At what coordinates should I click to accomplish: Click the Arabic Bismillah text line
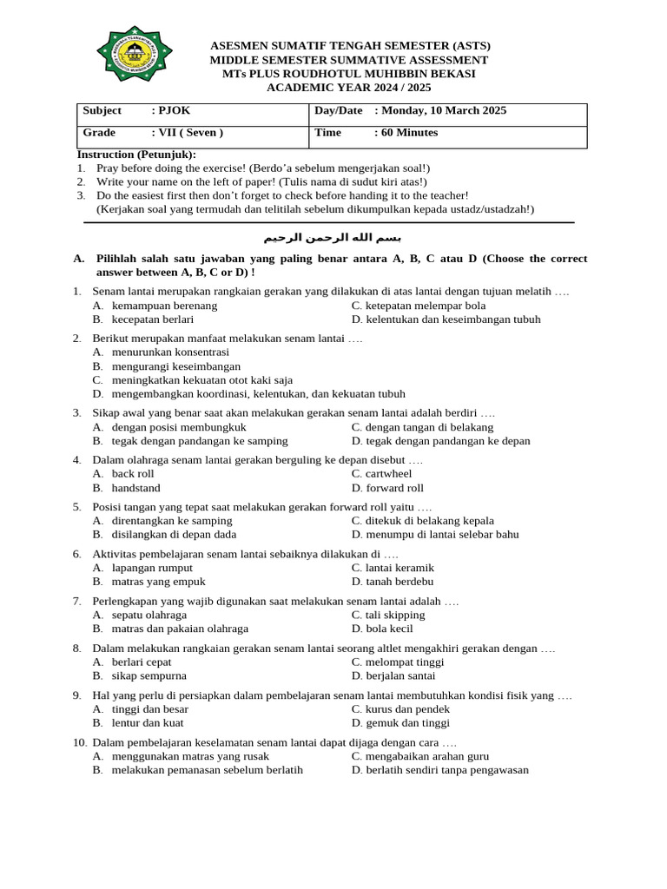click(333, 237)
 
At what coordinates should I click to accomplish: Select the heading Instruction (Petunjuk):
click(137, 154)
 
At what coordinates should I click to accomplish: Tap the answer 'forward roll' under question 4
click(394, 488)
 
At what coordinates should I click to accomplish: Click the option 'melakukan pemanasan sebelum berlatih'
click(207, 769)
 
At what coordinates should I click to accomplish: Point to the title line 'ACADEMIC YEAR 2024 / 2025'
click(348, 88)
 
